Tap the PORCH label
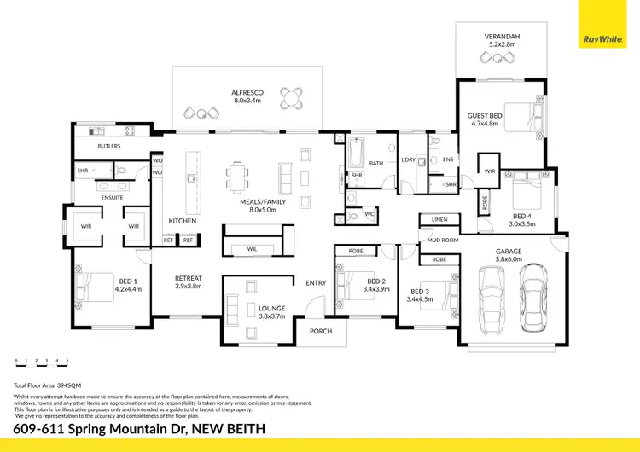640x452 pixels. click(321, 331)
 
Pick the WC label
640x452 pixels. click(369, 213)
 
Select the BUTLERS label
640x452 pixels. click(109, 146)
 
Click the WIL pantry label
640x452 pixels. click(252, 248)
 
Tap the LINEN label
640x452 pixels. click(439, 219)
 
